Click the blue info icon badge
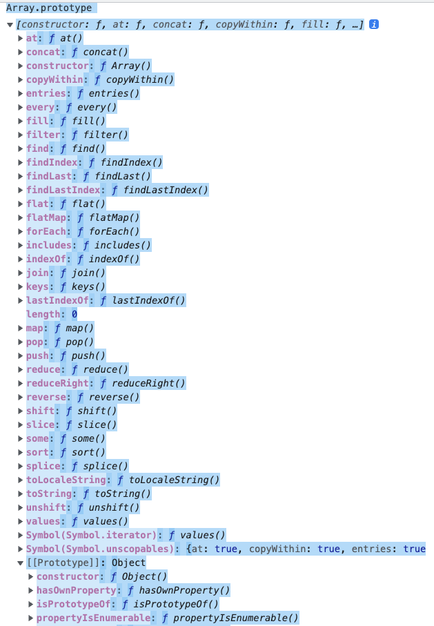(x=374, y=24)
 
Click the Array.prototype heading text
(x=49, y=8)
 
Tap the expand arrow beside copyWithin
(x=20, y=79)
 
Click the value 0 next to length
(x=74, y=314)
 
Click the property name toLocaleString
(x=68, y=480)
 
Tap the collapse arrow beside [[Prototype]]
(x=20, y=563)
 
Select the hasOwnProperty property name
(x=76, y=590)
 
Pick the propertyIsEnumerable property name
(x=93, y=618)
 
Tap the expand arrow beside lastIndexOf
(x=20, y=300)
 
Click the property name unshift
(x=46, y=507)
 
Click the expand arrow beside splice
(x=20, y=466)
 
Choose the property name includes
(x=49, y=245)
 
